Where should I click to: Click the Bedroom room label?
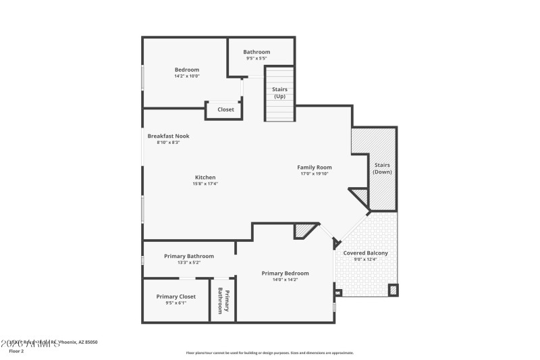pos(187,70)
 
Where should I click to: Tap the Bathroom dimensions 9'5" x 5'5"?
pos(256,59)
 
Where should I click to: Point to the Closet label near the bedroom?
pos(225,109)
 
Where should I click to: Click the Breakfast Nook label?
pos(168,136)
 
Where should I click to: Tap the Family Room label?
pos(315,167)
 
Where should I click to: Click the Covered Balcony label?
pos(365,253)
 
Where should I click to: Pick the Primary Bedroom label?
pos(285,273)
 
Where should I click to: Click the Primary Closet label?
pos(175,297)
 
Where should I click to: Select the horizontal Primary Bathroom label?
pos(189,256)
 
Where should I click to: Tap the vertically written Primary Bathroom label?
pos(223,301)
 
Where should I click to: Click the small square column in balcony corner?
pos(393,290)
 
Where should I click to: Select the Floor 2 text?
pos(16,351)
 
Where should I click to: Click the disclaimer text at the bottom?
pos(269,353)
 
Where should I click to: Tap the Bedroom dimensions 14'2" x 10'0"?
pos(186,76)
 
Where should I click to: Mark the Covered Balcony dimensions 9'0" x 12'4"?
pos(365,259)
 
